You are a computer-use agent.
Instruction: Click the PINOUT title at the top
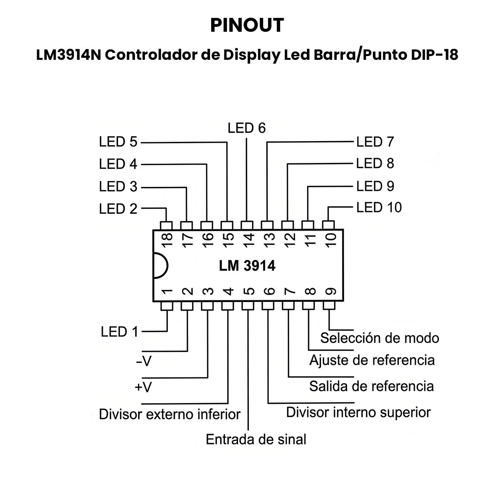[247, 25]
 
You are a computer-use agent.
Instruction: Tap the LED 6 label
[247, 128]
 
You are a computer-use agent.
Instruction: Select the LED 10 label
[379, 207]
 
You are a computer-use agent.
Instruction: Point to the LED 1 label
[120, 332]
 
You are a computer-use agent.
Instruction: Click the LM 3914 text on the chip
[247, 266]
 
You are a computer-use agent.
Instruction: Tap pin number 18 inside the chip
[167, 240]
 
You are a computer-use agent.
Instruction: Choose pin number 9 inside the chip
[330, 291]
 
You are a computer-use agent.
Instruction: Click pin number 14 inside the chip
[249, 240]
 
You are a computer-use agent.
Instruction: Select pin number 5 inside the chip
[249, 291]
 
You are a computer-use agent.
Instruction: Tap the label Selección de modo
[379, 338]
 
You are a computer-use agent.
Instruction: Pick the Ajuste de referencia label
[372, 360]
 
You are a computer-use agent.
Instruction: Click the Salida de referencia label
[371, 386]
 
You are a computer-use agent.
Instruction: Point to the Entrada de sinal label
[256, 439]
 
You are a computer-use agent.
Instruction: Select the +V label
[143, 387]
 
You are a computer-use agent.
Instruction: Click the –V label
[144, 361]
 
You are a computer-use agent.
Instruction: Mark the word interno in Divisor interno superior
[354, 412]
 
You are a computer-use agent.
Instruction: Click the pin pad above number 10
[328, 225]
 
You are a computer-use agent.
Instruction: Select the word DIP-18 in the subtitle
[435, 55]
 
